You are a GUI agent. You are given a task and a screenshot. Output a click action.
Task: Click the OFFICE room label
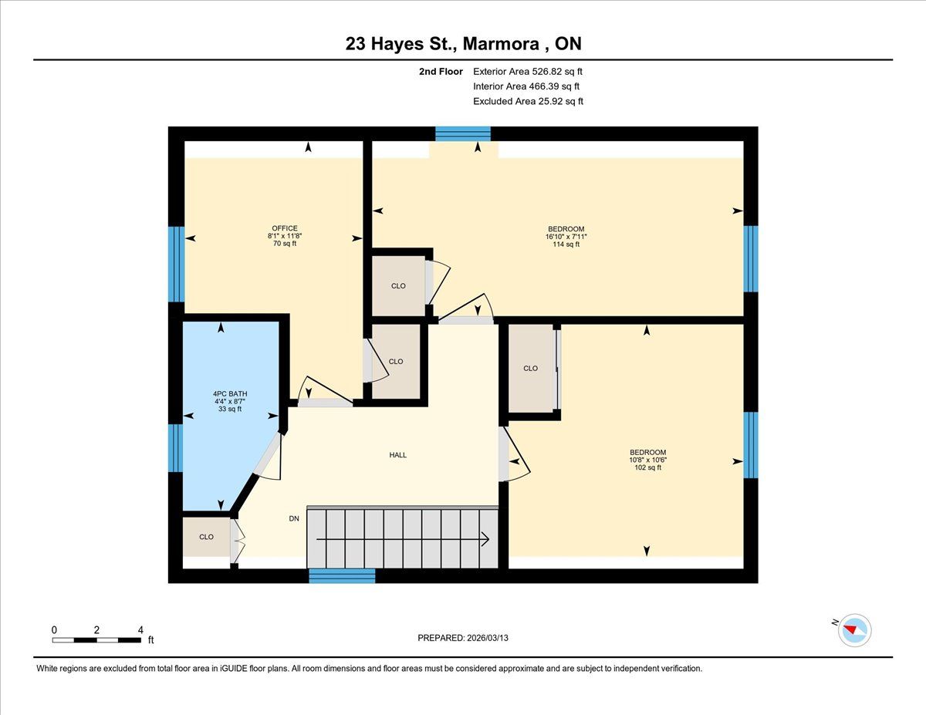[285, 228]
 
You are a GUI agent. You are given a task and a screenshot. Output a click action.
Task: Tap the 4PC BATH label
[230, 394]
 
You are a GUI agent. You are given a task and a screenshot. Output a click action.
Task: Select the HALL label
[398, 455]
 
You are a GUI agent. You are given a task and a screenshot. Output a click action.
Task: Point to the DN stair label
[294, 518]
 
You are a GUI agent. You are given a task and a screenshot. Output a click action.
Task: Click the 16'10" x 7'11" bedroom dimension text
[566, 237]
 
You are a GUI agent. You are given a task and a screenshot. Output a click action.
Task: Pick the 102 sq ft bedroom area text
[647, 467]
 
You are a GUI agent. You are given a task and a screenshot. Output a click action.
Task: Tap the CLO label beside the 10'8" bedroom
[531, 369]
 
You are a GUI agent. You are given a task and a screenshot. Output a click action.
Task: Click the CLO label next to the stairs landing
[206, 537]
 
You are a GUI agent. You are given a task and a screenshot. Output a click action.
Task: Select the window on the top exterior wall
[463, 133]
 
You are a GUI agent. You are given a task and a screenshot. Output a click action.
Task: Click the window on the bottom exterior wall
[342, 575]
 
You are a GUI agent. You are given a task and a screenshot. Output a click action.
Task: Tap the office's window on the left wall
[177, 264]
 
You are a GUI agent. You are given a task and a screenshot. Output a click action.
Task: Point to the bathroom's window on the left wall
[176, 448]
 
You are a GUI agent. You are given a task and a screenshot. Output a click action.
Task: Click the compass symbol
[854, 630]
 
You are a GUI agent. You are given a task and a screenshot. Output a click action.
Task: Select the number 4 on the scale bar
[140, 630]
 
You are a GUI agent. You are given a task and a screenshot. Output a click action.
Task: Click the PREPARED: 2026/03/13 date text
[463, 638]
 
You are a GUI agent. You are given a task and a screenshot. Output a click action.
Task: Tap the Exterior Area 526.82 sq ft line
[528, 72]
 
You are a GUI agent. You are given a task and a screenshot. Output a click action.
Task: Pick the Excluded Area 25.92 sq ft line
[528, 101]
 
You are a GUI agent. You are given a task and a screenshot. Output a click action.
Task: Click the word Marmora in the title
[501, 44]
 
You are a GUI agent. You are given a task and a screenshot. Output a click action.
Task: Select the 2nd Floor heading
[441, 72]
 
